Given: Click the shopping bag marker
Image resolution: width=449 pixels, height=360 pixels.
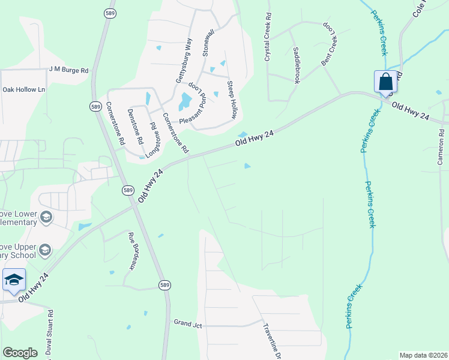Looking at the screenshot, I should tap(385, 82).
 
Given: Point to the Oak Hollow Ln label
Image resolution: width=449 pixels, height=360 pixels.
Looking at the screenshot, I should tap(24, 89).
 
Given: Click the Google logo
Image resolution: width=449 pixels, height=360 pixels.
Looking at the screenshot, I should tap(20, 353).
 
